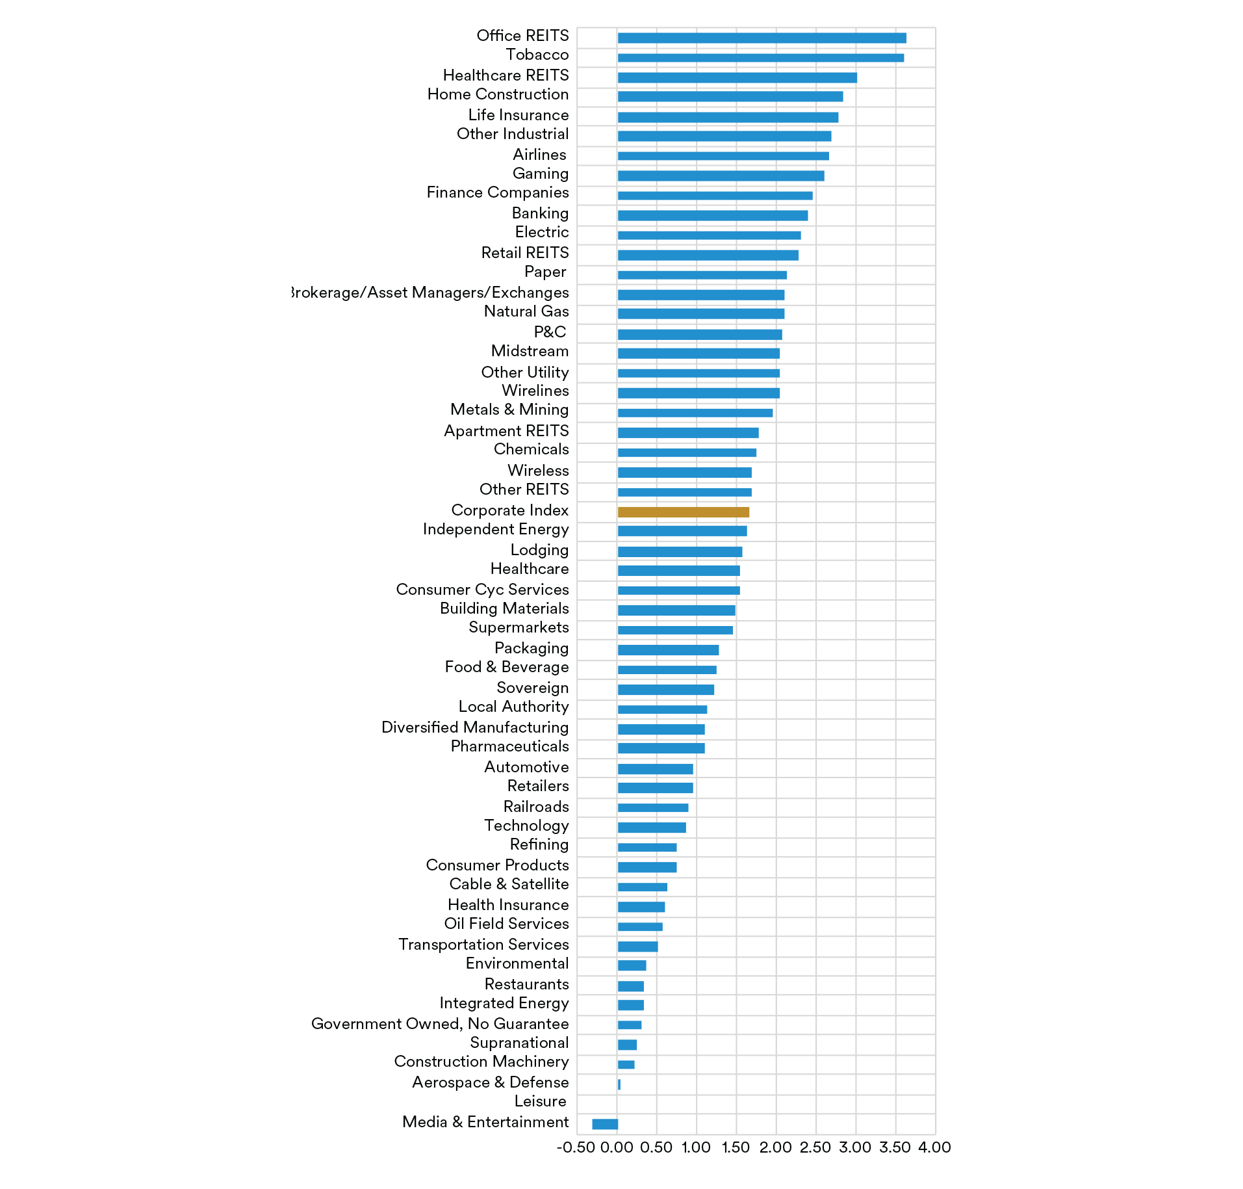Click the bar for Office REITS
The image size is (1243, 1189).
tap(762, 38)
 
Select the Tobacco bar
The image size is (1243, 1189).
tap(760, 58)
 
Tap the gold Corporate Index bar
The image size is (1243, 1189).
tap(683, 512)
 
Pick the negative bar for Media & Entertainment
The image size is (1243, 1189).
tap(605, 1124)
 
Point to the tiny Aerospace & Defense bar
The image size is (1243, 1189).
tap(619, 1084)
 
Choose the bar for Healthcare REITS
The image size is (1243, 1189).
tap(737, 78)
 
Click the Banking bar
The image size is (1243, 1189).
tap(712, 216)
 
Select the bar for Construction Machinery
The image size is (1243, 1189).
tap(626, 1065)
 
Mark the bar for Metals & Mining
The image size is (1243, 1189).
tap(695, 413)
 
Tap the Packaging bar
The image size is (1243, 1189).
tap(668, 650)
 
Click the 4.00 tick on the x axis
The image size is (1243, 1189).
tap(934, 1148)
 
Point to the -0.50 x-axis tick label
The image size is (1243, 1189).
tap(576, 1148)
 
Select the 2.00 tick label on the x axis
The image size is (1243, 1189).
tap(776, 1148)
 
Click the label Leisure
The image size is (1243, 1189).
tap(540, 1102)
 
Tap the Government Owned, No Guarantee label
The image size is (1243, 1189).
tap(440, 1024)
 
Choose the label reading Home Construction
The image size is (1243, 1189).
tap(498, 95)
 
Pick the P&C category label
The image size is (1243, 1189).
tap(550, 332)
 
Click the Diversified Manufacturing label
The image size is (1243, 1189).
tap(475, 727)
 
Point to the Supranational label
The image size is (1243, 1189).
tap(519, 1043)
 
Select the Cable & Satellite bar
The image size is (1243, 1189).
tap(642, 887)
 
